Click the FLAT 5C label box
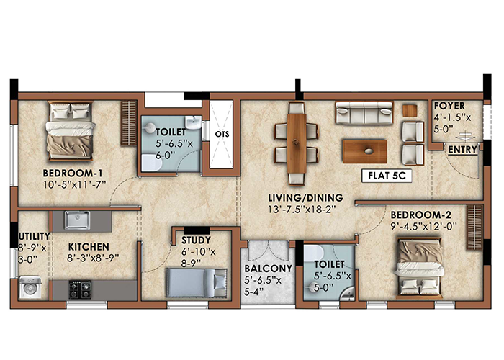click(387, 176)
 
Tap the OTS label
click(222, 134)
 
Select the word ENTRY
click(462, 150)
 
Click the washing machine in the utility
click(30, 287)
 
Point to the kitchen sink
click(77, 220)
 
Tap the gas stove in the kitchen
click(80, 289)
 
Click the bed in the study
click(197, 283)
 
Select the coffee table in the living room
click(365, 151)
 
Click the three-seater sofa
click(364, 113)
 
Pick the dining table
click(297, 144)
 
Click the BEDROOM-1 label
click(73, 174)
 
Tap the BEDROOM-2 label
click(420, 215)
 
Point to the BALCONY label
click(268, 269)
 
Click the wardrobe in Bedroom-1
click(129, 123)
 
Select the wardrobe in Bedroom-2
click(474, 228)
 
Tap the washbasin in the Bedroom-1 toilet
click(193, 123)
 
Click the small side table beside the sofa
click(410, 111)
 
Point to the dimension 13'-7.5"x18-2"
click(302, 210)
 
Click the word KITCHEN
click(89, 247)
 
